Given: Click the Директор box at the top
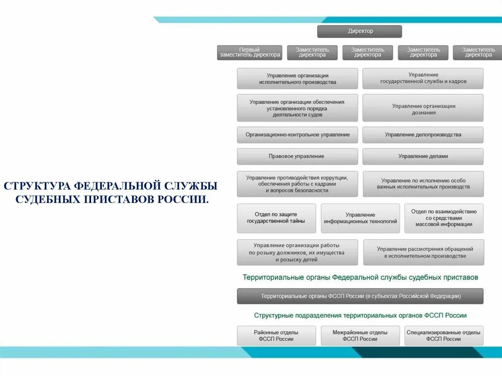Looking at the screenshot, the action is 359,31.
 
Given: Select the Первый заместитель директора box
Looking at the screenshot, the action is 250,52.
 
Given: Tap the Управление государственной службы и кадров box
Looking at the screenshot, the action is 423,78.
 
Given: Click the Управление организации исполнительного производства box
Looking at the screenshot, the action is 297,78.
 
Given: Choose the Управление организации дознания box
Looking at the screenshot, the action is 423,109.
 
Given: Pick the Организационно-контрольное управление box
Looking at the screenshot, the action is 297,135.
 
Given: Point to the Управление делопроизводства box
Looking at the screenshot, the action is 423,135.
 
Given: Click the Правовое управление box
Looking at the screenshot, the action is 297,156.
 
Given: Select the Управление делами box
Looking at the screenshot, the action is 423,156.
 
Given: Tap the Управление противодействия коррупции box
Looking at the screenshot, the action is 297,184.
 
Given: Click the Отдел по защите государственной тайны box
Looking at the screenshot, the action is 276,218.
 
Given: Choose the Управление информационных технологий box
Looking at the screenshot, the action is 360,218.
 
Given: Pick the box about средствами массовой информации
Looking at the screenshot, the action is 444,218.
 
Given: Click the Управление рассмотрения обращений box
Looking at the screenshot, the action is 423,252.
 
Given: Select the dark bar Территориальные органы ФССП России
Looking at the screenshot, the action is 360,296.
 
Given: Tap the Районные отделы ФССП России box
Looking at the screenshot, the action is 276,336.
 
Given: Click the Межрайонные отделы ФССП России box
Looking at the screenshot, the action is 360,336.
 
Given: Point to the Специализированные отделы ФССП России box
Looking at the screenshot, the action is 444,336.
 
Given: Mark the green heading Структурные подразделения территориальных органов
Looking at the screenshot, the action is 360,316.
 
